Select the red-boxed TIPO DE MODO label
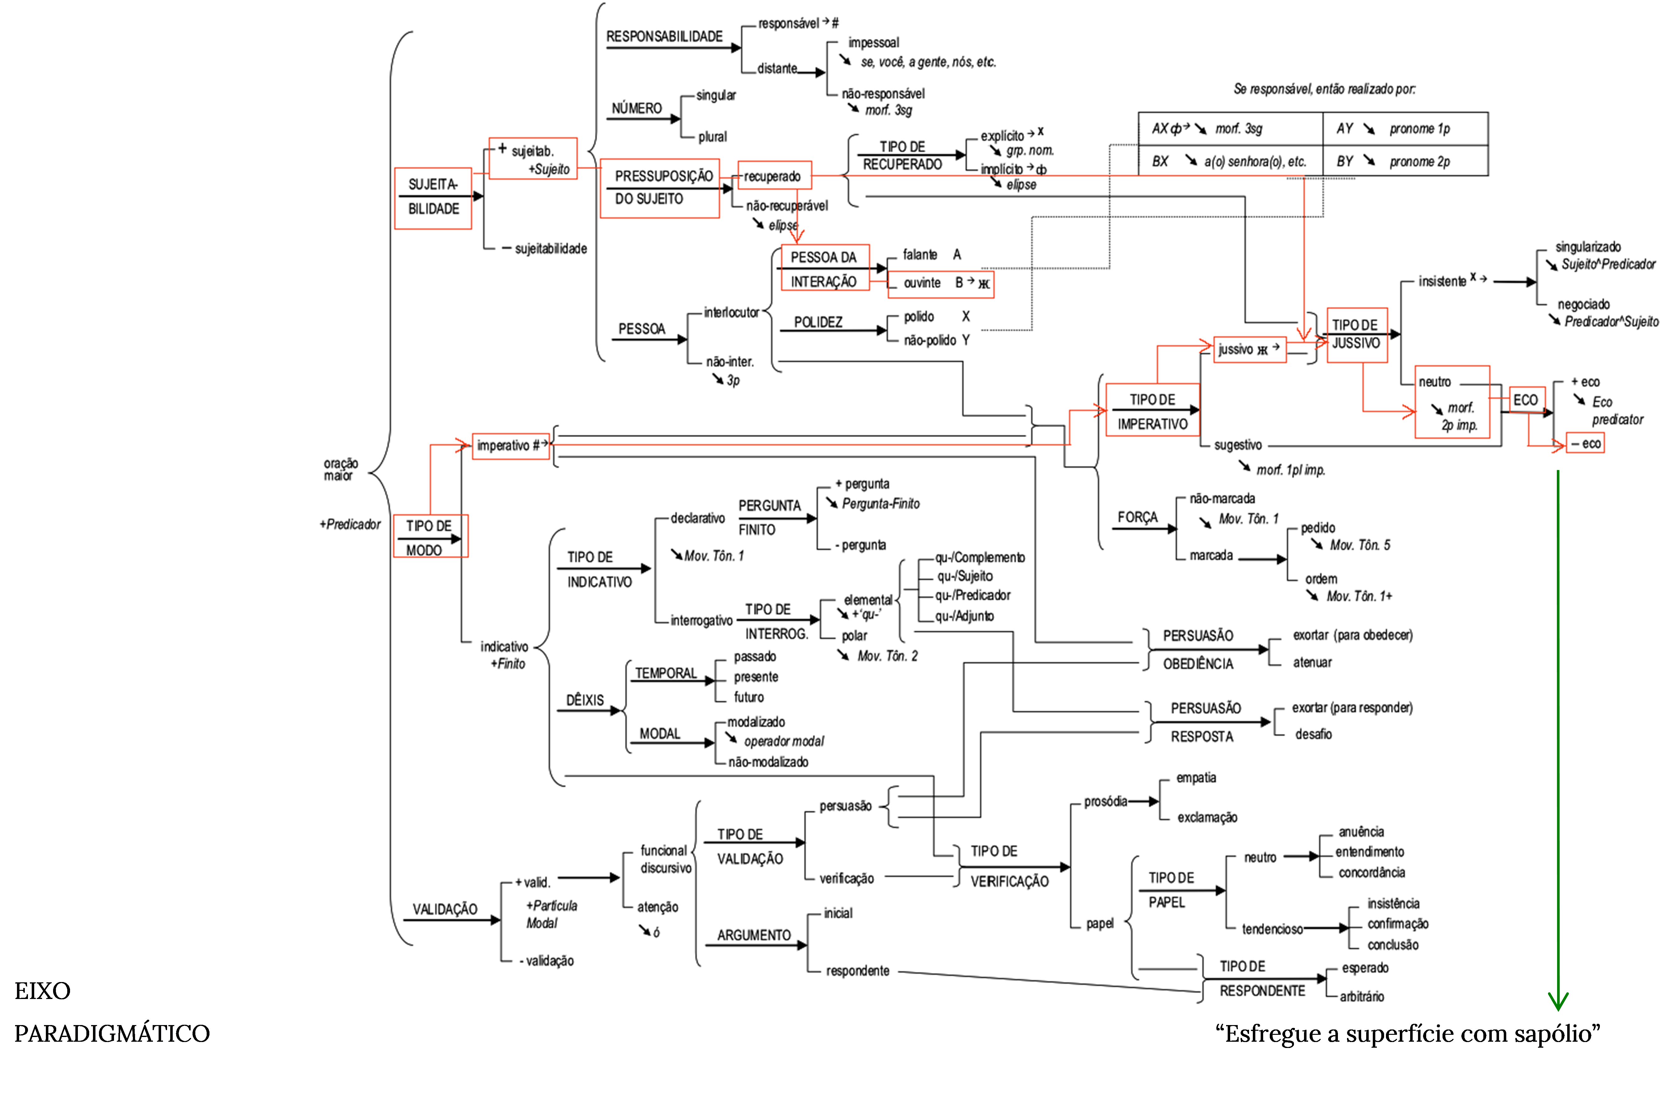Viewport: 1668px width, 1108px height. click(430, 536)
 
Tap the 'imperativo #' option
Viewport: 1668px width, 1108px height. click(510, 446)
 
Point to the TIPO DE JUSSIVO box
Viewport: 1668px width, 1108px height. click(1356, 335)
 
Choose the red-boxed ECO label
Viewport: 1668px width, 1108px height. click(1526, 400)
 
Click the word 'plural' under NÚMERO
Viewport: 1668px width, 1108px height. click(712, 136)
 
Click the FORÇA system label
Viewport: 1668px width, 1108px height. click(1138, 517)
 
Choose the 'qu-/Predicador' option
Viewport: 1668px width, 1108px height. click(973, 595)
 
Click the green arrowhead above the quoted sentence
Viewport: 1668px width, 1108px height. click(1558, 1001)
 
